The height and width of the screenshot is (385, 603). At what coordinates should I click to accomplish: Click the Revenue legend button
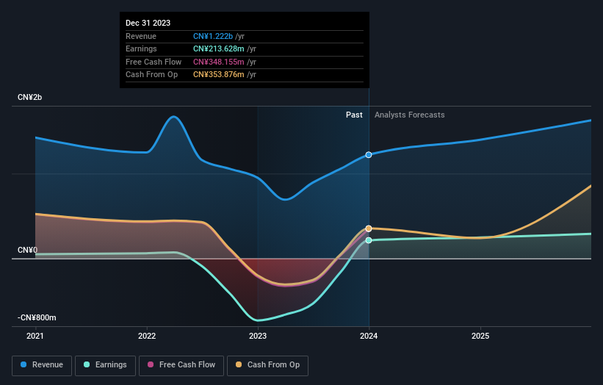[42, 364]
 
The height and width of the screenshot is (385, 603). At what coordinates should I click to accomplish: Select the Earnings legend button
[106, 364]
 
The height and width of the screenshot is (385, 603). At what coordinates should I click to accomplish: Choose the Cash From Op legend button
[267, 364]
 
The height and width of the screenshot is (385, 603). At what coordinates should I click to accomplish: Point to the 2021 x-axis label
[35, 337]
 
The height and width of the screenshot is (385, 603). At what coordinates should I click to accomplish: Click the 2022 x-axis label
[147, 337]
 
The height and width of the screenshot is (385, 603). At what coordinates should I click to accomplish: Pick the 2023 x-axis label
[258, 337]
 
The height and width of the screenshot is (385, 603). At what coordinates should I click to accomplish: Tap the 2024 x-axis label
[369, 337]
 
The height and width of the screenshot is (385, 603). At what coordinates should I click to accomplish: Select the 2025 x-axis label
[480, 337]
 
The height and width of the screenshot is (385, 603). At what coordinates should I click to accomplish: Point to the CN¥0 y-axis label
[27, 250]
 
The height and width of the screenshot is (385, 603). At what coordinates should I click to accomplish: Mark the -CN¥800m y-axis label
[37, 317]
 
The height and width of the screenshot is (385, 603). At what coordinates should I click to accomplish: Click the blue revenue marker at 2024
[369, 155]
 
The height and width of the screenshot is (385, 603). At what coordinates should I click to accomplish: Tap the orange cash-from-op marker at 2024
[369, 229]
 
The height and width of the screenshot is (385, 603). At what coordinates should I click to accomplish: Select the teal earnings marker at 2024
[369, 240]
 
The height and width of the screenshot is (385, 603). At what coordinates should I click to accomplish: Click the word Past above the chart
[354, 115]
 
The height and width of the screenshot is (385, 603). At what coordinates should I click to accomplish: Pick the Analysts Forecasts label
[409, 115]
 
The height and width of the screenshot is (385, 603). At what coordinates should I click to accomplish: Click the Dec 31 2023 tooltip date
[148, 23]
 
